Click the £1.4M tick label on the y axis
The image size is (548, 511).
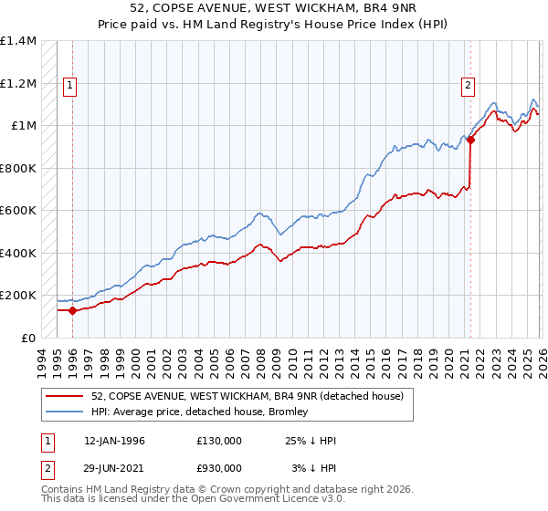point(18,41)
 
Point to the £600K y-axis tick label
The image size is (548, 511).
point(18,211)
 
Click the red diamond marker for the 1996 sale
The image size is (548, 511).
point(73,310)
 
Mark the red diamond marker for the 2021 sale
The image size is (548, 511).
point(470,141)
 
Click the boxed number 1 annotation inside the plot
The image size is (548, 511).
point(70,87)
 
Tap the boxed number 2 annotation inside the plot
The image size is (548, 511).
point(468,87)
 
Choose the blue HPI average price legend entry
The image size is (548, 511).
point(200,412)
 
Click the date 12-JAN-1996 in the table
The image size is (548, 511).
point(114,441)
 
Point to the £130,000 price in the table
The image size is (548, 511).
point(219,441)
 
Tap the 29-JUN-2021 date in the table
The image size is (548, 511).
point(114,467)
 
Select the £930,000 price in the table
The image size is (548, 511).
point(219,467)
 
